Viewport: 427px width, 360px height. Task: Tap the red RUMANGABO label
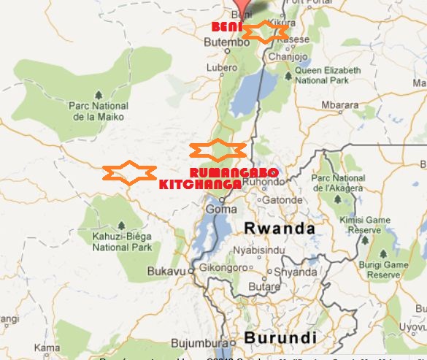(x=233, y=172)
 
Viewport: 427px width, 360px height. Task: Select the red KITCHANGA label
(x=200, y=184)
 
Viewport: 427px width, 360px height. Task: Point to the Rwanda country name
(x=280, y=228)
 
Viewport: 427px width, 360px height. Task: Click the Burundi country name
(x=280, y=338)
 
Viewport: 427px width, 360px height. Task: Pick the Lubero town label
(x=222, y=68)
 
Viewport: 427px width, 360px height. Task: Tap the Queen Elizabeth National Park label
(x=327, y=75)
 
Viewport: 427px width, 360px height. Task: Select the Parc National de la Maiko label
(x=99, y=111)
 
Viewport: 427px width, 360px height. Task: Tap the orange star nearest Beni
(x=264, y=32)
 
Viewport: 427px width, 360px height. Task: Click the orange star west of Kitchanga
(x=129, y=172)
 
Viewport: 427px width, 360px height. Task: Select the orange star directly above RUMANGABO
(x=217, y=150)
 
